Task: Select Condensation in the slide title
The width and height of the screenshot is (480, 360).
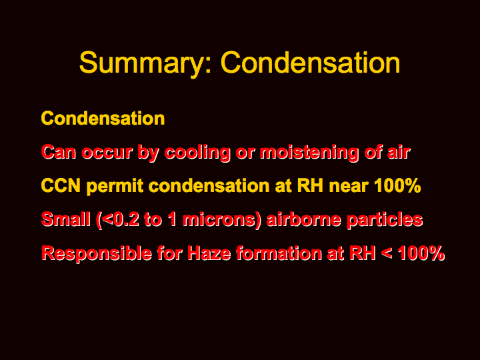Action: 311,62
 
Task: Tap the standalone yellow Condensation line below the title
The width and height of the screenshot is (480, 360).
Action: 103,119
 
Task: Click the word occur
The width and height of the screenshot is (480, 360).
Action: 107,152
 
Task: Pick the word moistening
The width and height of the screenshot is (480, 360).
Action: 309,153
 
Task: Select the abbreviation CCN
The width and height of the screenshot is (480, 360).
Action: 61,186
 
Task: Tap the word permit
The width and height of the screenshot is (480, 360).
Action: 115,187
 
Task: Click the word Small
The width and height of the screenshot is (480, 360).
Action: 66,219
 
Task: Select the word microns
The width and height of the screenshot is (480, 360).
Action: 219,220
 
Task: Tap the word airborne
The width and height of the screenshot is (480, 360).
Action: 304,219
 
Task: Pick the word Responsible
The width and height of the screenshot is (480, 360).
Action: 97,254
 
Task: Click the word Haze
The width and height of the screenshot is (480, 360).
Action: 209,253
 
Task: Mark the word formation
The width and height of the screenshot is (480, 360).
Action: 279,253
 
